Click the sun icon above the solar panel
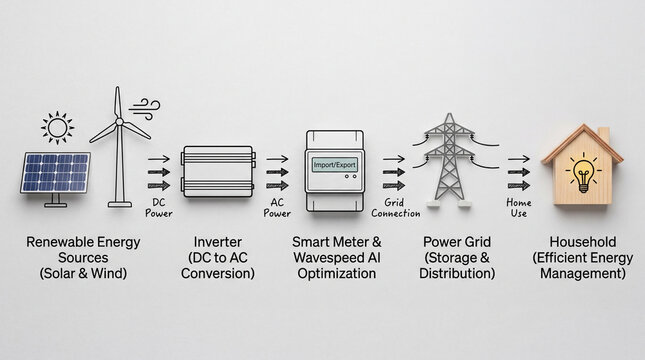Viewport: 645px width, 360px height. (57, 128)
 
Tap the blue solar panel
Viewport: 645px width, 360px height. (55, 172)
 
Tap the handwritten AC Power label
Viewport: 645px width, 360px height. (280, 206)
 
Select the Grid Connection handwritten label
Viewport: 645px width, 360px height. (394, 207)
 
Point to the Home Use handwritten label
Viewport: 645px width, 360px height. (519, 207)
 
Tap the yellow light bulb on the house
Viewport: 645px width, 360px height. (582, 173)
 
